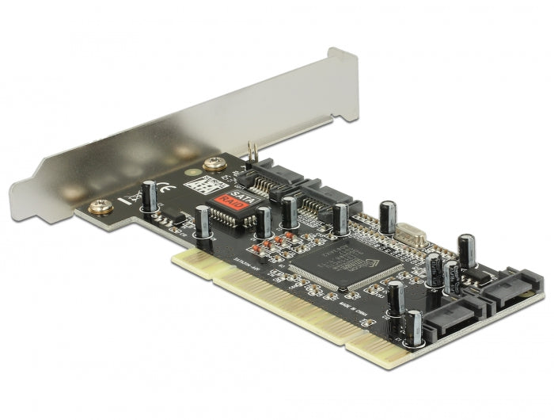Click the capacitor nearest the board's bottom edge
click(413, 326)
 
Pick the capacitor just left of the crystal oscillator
click(388, 217)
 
